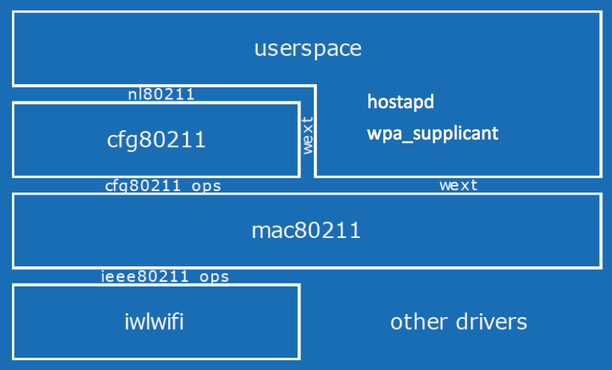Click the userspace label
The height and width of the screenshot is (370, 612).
click(308, 49)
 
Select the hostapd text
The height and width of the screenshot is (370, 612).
click(401, 101)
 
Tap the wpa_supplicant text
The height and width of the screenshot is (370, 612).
click(433, 134)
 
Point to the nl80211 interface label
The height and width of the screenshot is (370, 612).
click(161, 94)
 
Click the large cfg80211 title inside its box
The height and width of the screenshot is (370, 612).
click(155, 139)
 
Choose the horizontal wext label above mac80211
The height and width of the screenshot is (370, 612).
click(458, 186)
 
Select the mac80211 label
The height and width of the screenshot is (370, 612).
click(306, 231)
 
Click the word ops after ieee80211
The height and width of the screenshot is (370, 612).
click(214, 277)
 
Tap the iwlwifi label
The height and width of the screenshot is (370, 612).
click(154, 322)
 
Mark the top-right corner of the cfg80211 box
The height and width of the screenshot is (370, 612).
click(300, 103)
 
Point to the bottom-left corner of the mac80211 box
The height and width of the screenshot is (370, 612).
click(13, 267)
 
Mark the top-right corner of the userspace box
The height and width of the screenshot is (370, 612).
click(601, 12)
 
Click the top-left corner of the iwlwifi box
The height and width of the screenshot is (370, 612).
click(13, 285)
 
